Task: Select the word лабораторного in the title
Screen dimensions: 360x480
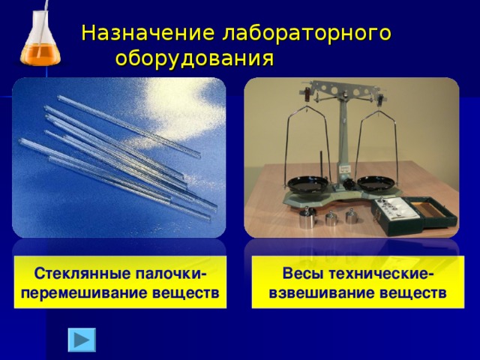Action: (x=307, y=34)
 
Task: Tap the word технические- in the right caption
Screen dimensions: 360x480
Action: (x=378, y=271)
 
